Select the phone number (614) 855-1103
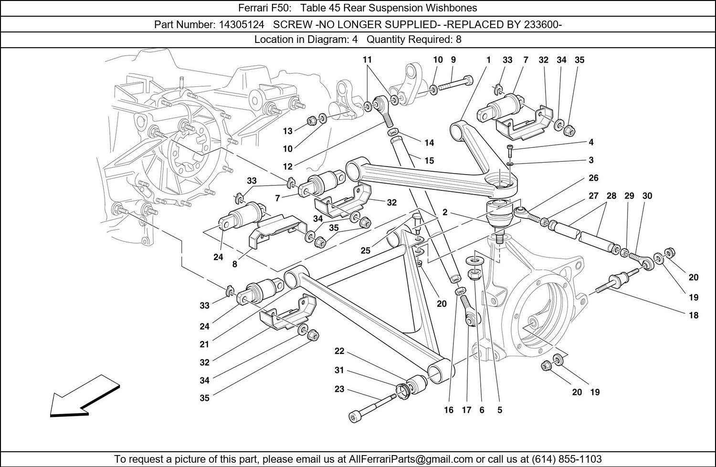[564, 459]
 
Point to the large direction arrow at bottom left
[84, 396]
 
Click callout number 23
[339, 389]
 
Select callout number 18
[694, 315]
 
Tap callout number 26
[593, 178]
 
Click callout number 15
[429, 161]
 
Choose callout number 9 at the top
[453, 60]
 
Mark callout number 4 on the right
[591, 142]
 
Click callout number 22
[339, 352]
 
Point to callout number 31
[339, 371]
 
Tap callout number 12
[287, 167]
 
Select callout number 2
[444, 213]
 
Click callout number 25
[366, 251]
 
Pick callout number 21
[204, 344]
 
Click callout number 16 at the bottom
[449, 410]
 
